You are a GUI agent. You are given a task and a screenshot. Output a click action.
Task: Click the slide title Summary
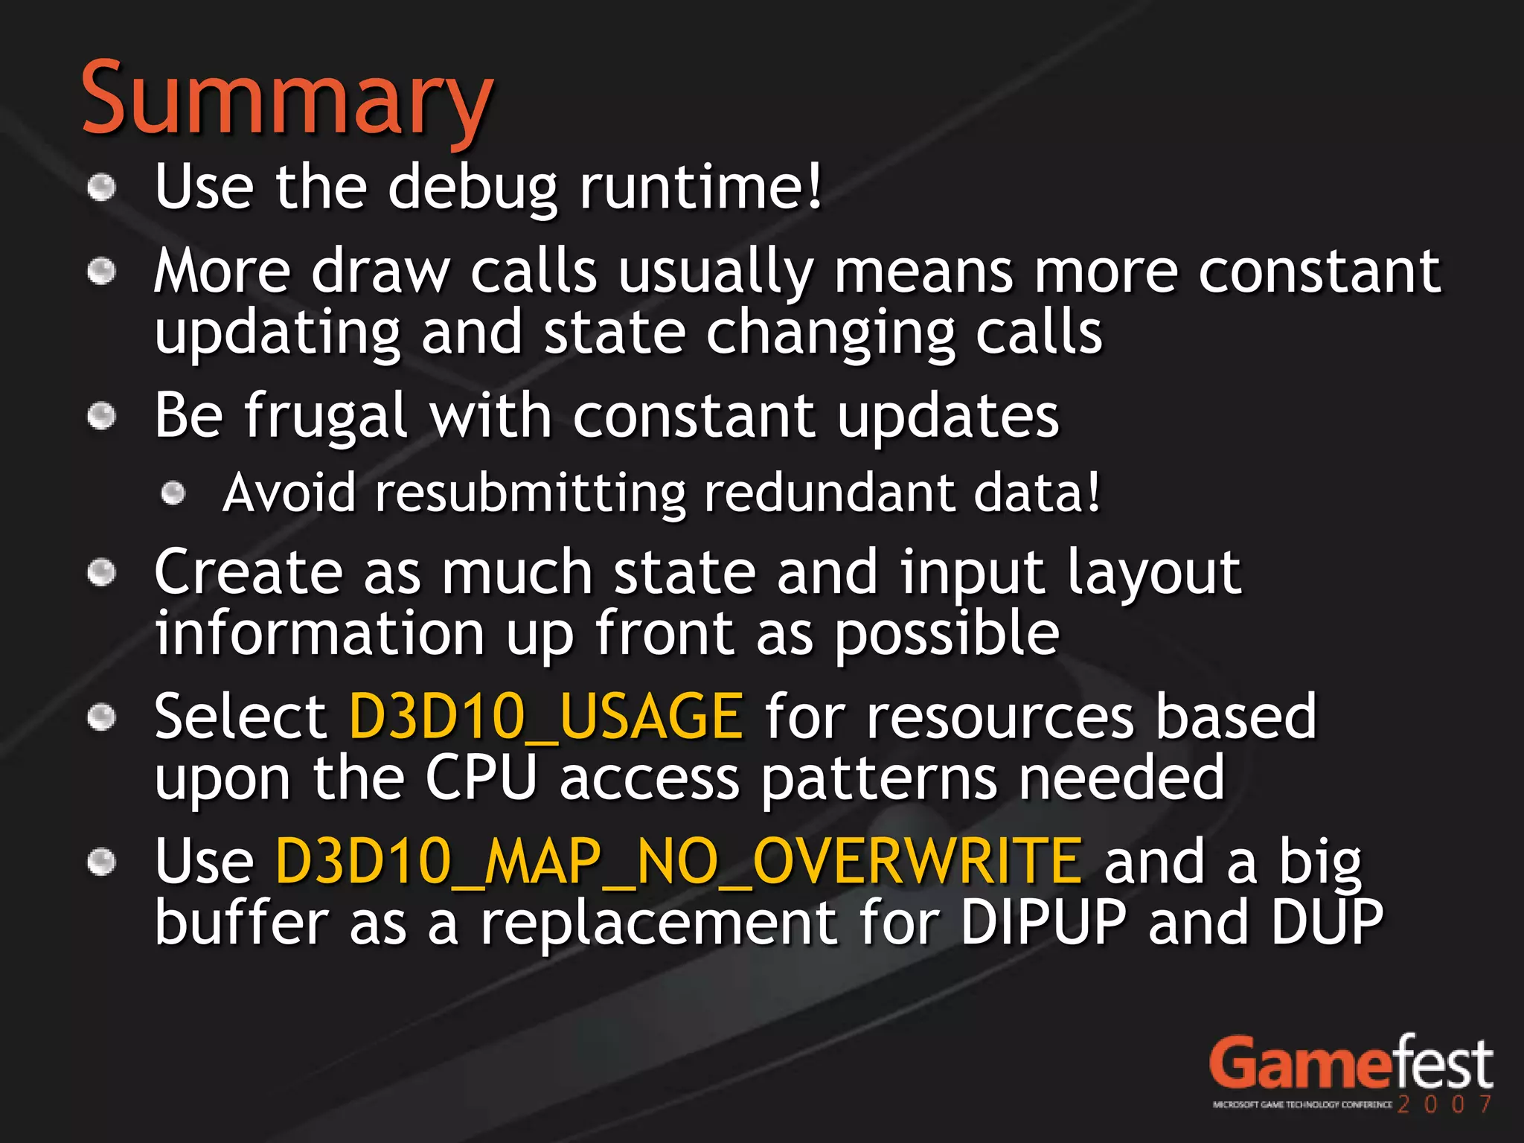286,100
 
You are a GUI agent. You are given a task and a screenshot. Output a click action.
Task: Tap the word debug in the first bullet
472,188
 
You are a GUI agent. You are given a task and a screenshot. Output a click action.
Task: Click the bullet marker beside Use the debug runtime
102,188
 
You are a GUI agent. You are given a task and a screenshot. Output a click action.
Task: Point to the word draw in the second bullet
380,272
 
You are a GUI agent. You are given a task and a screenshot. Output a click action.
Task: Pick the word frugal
325,417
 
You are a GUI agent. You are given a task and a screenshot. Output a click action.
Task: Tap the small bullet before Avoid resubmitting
173,493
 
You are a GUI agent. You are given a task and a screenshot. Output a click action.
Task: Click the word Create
249,572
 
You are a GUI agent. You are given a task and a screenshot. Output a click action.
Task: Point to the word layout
1153,574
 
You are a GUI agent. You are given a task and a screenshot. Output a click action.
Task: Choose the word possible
946,635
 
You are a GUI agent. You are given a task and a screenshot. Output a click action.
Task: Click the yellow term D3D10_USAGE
545,717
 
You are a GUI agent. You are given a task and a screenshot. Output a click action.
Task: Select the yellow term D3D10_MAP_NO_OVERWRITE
678,862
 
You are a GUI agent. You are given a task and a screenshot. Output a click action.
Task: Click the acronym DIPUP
1043,923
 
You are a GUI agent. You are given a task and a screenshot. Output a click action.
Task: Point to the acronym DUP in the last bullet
1326,923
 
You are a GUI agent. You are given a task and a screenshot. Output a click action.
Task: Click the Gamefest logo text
1350,1065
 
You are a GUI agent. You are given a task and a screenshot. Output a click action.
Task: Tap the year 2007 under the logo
1444,1104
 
